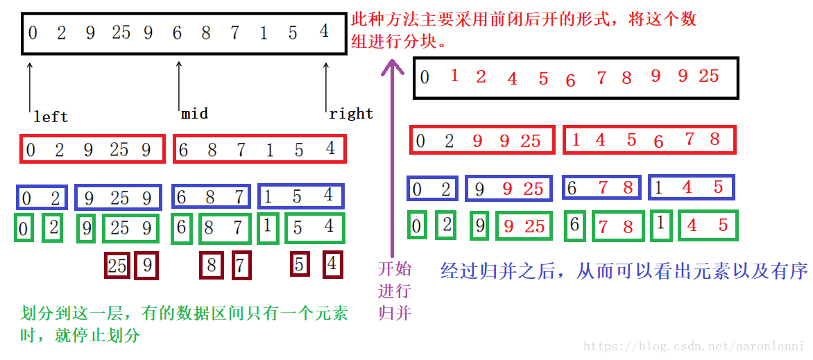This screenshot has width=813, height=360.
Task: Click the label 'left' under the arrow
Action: [51, 117]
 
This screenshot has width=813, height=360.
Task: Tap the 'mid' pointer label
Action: [194, 113]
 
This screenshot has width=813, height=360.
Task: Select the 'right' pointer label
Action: [351, 114]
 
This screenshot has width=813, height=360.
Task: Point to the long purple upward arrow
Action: [393, 160]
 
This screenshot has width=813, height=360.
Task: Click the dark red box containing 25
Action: [117, 266]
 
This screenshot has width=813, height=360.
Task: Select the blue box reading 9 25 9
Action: [118, 198]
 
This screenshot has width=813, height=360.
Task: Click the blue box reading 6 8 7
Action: [210, 197]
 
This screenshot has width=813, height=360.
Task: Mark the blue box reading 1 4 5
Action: [691, 187]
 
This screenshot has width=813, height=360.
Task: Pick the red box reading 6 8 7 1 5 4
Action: [259, 149]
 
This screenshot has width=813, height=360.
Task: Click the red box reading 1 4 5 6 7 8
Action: [649, 139]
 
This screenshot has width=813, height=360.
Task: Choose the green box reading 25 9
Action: [130, 228]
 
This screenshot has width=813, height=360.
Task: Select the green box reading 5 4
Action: [315, 228]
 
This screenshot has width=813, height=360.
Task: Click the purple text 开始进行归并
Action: [394, 290]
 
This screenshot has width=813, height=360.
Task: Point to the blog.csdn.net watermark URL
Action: [693, 346]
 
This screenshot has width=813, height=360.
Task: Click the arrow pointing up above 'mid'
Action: [180, 83]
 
